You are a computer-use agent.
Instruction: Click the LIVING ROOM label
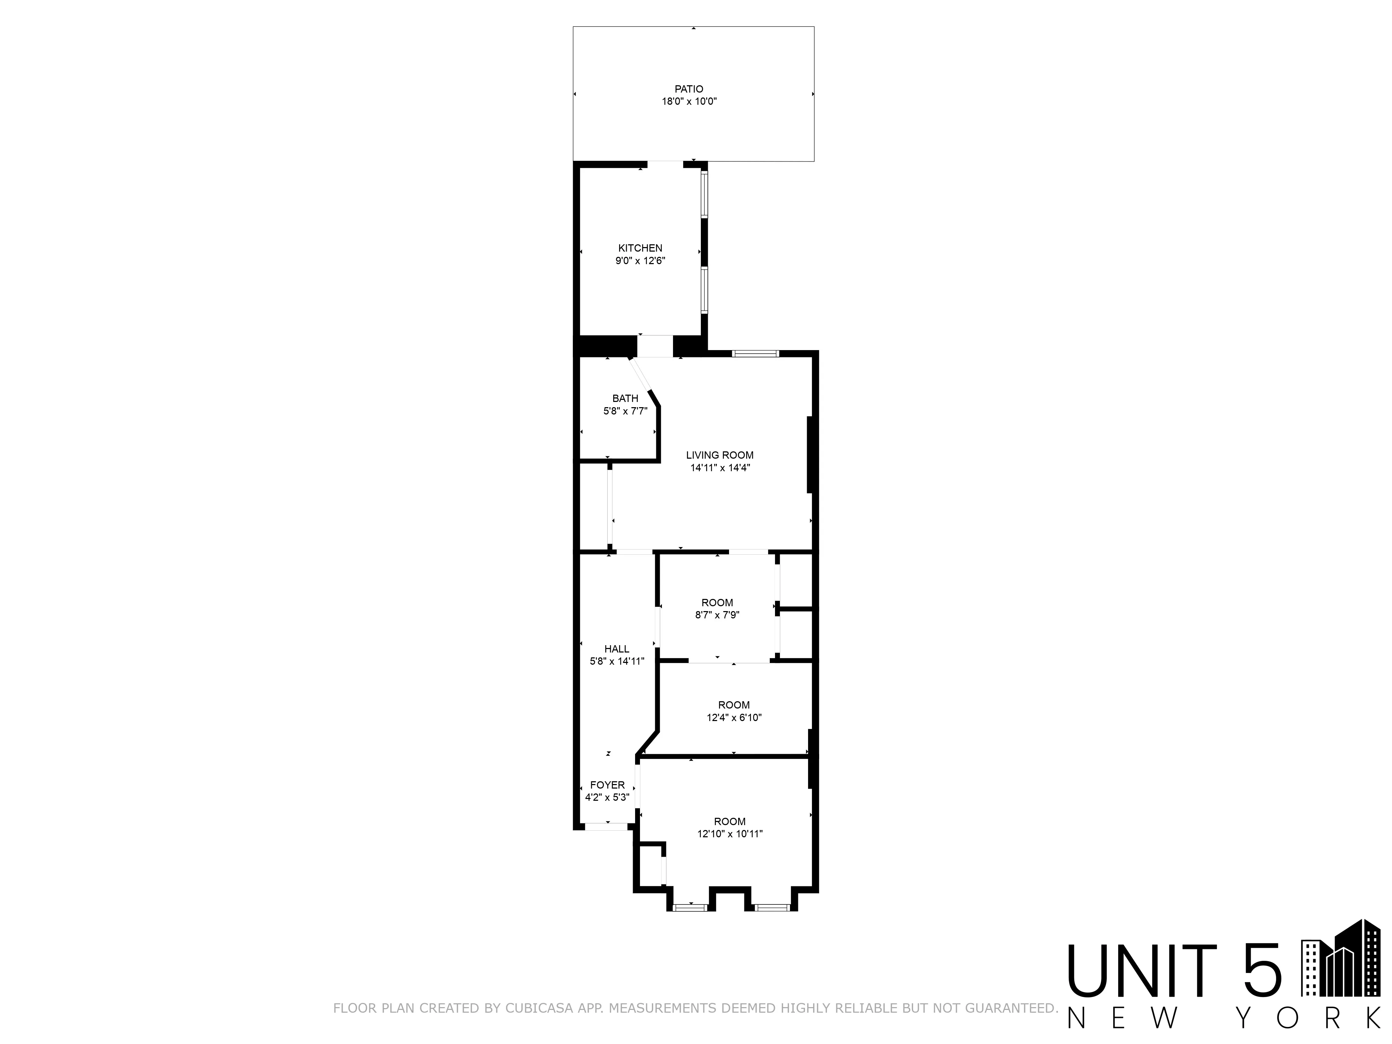(x=719, y=455)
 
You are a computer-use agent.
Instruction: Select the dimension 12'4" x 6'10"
(x=734, y=717)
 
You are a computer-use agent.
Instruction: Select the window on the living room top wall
(x=755, y=354)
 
